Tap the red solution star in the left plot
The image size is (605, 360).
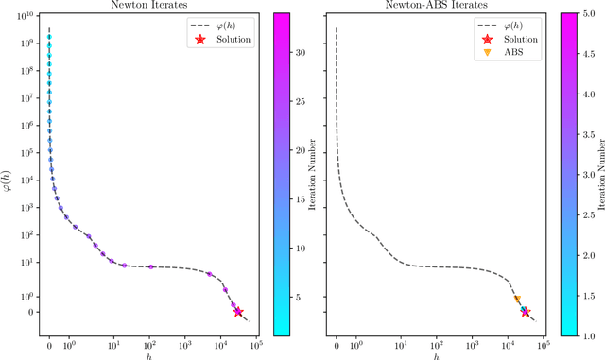tap(238, 312)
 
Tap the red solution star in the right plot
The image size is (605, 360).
tap(525, 312)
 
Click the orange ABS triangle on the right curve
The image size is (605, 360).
tap(517, 300)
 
